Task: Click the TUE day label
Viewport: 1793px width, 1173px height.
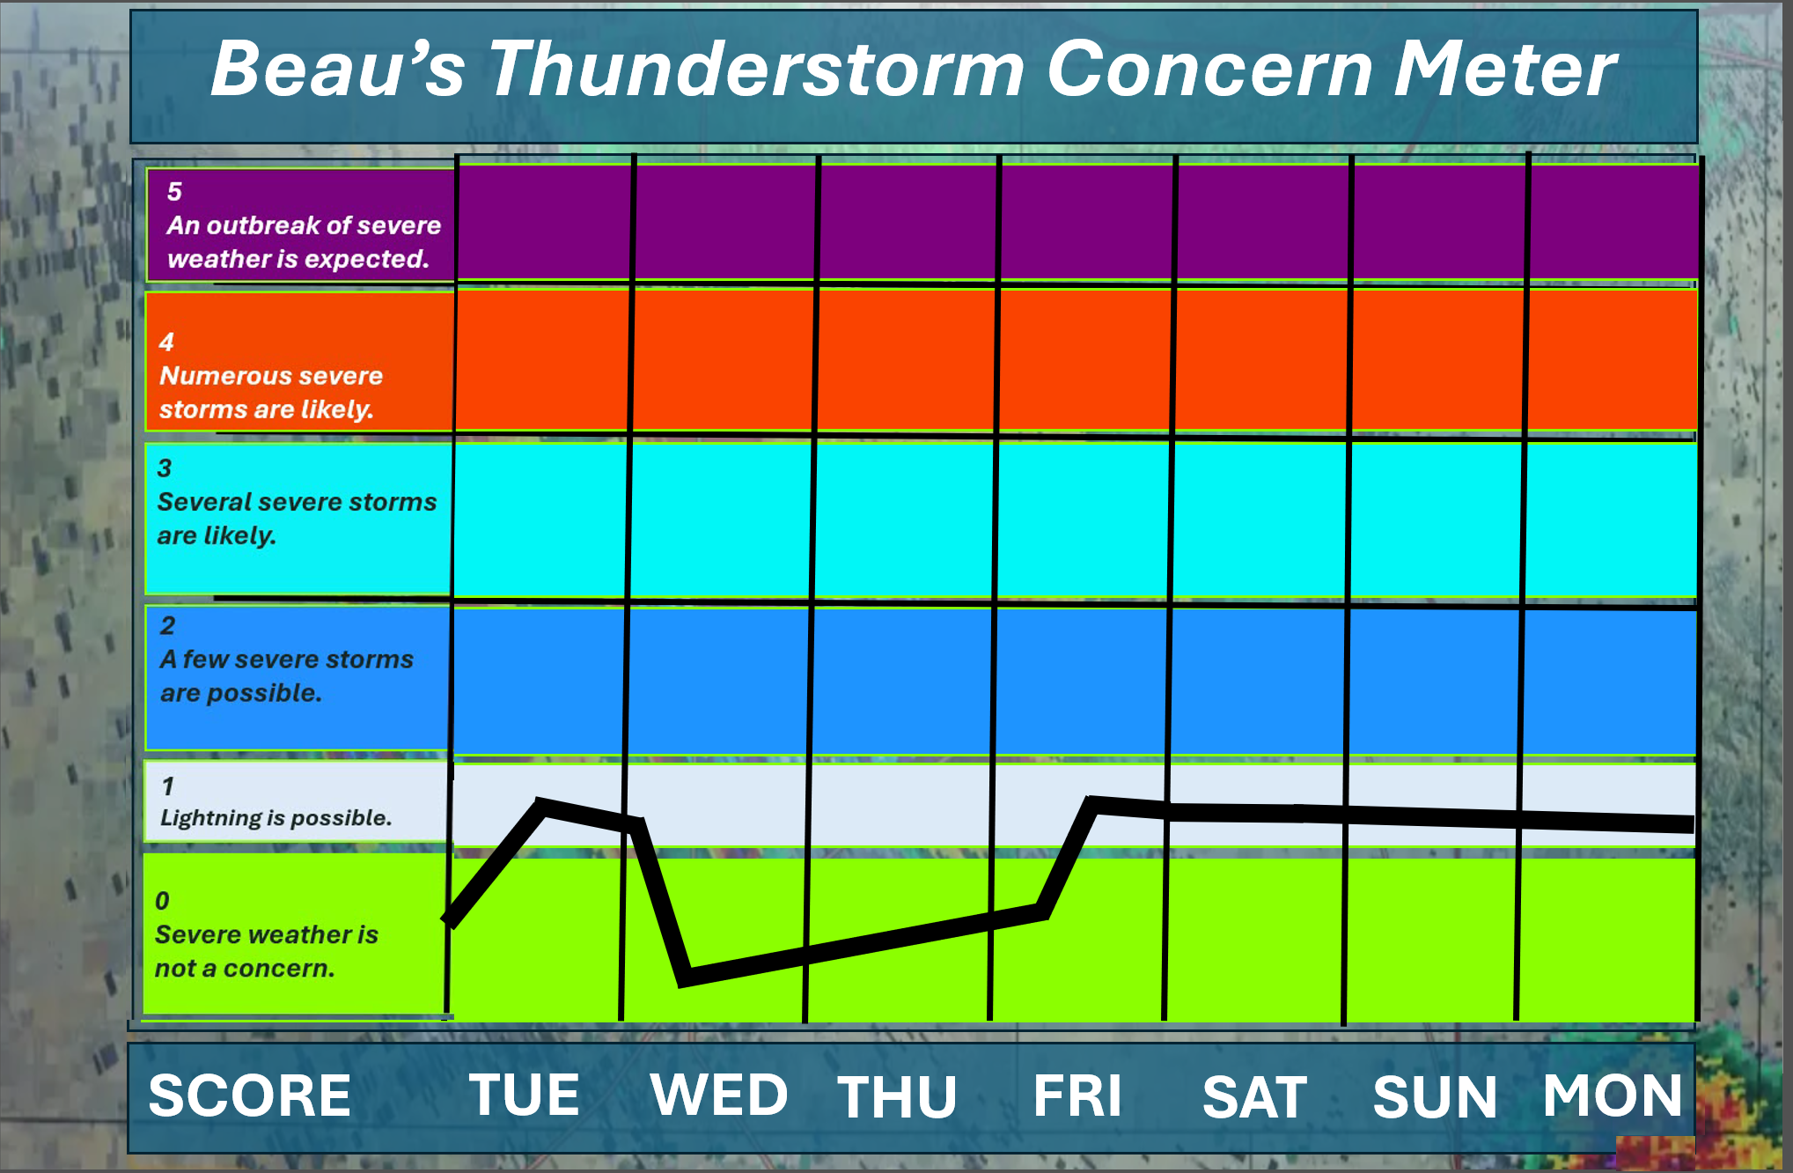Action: click(x=524, y=1095)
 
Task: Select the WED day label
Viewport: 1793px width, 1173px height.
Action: click(x=719, y=1095)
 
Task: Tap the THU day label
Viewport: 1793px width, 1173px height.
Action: click(x=897, y=1096)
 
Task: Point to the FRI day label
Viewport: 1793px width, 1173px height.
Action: click(x=1077, y=1096)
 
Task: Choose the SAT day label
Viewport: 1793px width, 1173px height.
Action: click(x=1254, y=1097)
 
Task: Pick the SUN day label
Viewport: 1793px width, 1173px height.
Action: click(x=1435, y=1097)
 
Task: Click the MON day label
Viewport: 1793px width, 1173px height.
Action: click(x=1613, y=1096)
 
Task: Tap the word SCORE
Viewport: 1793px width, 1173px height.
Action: click(x=250, y=1096)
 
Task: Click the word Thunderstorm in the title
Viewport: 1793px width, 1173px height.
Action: click(x=757, y=69)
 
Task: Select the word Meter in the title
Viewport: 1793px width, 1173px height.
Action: click(x=1505, y=69)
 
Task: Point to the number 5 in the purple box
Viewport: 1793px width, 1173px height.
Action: click(x=174, y=192)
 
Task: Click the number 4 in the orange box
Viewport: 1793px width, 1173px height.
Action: click(x=166, y=342)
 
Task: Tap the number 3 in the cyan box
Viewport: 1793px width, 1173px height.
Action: click(x=165, y=468)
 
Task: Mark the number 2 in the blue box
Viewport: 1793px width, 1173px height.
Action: click(x=167, y=626)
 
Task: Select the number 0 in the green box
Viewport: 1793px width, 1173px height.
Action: click(x=162, y=901)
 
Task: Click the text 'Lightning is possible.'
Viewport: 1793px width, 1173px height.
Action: click(x=276, y=818)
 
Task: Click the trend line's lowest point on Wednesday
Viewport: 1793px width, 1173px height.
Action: click(x=685, y=978)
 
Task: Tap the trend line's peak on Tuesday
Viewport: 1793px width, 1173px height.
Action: click(x=543, y=805)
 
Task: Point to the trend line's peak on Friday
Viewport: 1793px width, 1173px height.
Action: click(x=1092, y=803)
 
